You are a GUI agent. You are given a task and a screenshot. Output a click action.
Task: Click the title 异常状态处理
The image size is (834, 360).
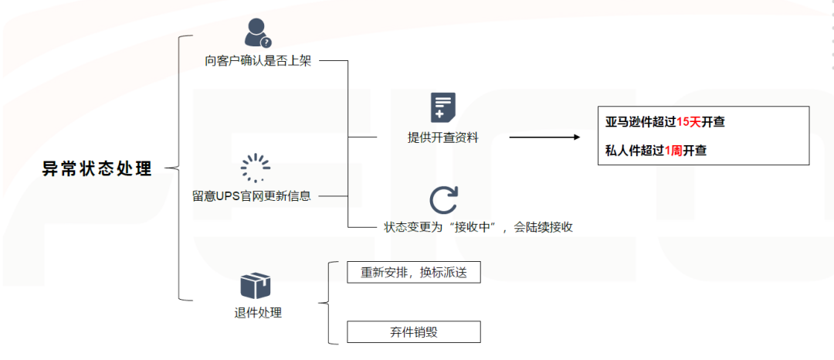coord(97,169)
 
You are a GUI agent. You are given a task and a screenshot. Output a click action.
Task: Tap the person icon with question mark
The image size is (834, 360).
coord(257,32)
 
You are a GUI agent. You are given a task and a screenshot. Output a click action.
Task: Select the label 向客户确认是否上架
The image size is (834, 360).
coord(252,60)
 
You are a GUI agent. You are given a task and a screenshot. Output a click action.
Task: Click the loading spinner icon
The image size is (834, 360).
coord(255,168)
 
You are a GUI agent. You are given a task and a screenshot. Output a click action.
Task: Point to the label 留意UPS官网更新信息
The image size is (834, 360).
coord(252,195)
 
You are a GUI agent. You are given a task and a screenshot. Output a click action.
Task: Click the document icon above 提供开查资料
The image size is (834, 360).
coord(442,107)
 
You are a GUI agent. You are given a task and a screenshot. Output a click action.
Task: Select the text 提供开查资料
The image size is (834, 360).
coord(442,138)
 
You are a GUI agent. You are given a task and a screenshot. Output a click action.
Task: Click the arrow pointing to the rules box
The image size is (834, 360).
coord(544,138)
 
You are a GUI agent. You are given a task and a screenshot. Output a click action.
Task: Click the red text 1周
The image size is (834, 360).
coord(673,151)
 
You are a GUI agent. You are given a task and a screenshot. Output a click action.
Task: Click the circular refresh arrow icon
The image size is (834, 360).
coord(443,199)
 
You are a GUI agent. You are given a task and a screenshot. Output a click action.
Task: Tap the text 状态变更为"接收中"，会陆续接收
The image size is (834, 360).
coord(478,227)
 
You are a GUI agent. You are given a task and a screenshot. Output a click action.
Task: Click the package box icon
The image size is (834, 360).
coord(256,286)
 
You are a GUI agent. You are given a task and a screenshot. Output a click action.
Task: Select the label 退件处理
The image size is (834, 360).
coord(258,313)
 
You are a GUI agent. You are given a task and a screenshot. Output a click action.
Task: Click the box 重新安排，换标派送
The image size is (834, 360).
coord(413,273)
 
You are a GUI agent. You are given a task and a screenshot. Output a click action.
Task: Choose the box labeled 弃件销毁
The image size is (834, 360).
coord(413,332)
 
